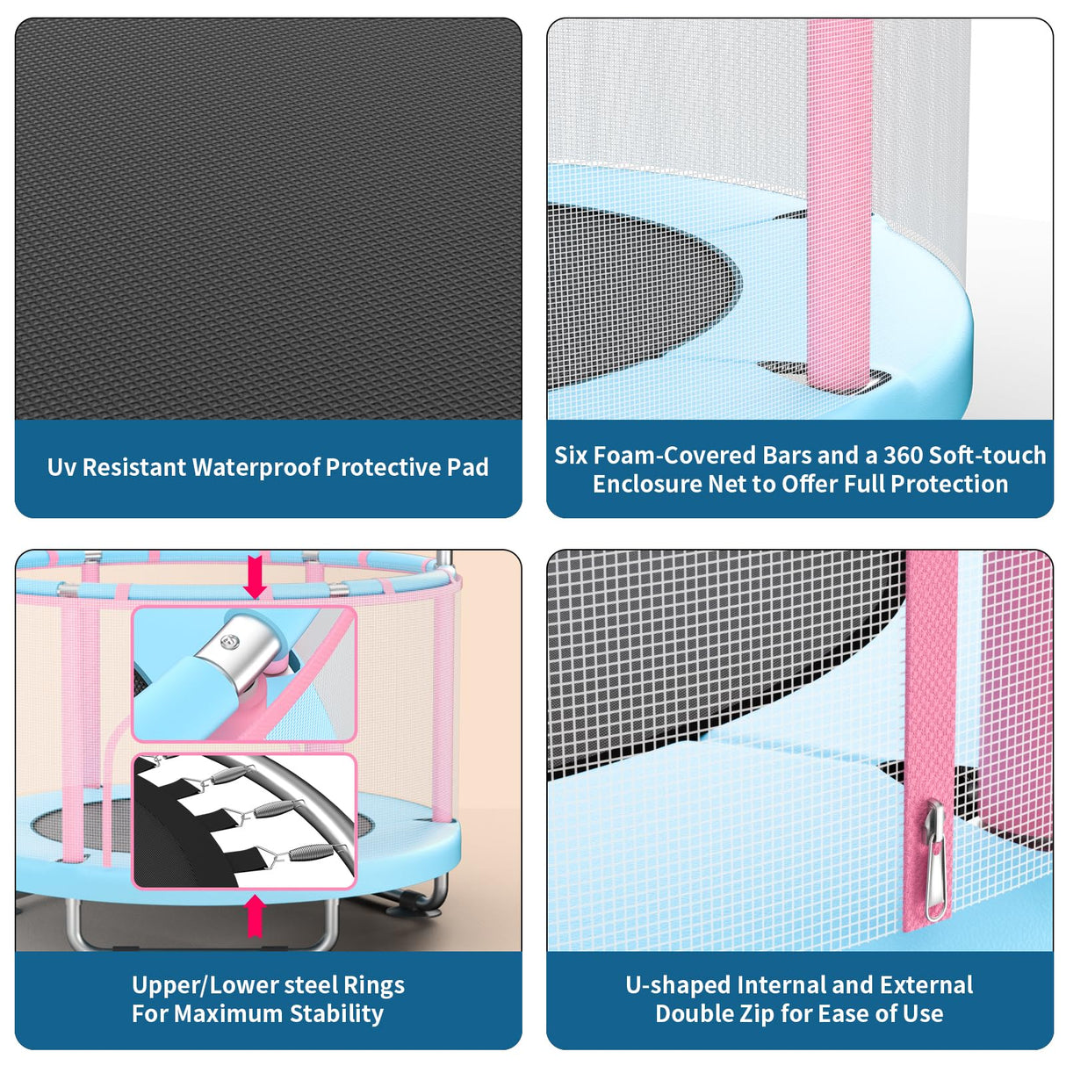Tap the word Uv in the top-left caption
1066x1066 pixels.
pos(62,467)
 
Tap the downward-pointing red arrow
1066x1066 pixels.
pos(255,577)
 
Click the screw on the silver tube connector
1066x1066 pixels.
pos(228,642)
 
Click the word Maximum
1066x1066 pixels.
pos(231,1014)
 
